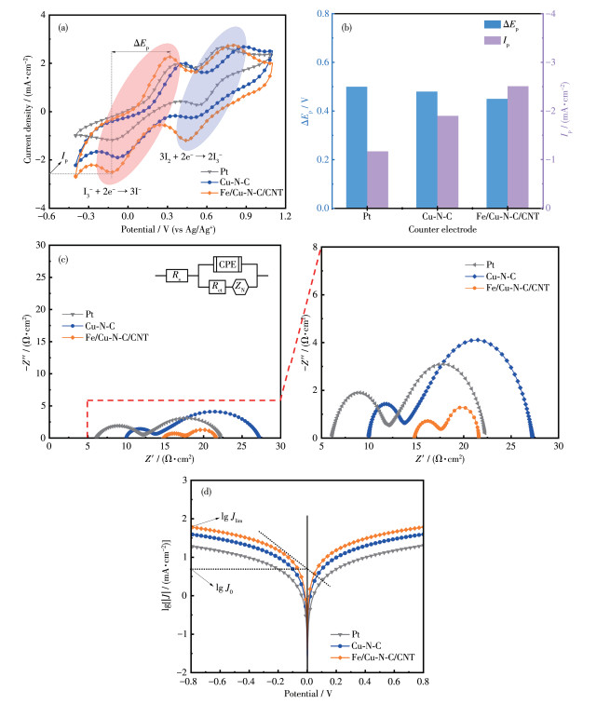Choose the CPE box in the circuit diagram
coord(227,263)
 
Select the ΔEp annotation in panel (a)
coord(142,43)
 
